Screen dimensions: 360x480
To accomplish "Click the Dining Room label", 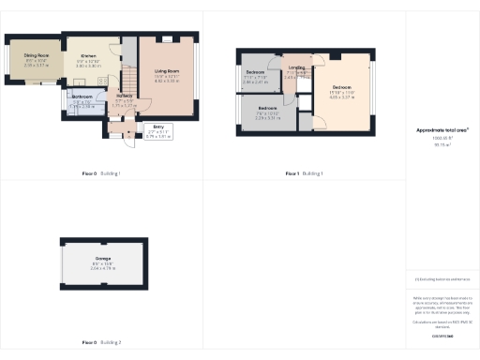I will pos(36,55).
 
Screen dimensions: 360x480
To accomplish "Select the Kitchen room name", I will pos(88,56).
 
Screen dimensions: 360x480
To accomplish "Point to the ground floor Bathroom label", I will pos(82,97).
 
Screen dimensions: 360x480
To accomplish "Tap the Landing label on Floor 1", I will pos(297,67).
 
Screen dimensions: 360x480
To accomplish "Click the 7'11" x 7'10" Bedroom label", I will pos(255,72).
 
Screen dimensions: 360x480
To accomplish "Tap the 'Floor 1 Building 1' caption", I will pos(304,173).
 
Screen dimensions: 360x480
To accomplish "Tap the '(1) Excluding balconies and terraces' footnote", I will pos(441,280).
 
